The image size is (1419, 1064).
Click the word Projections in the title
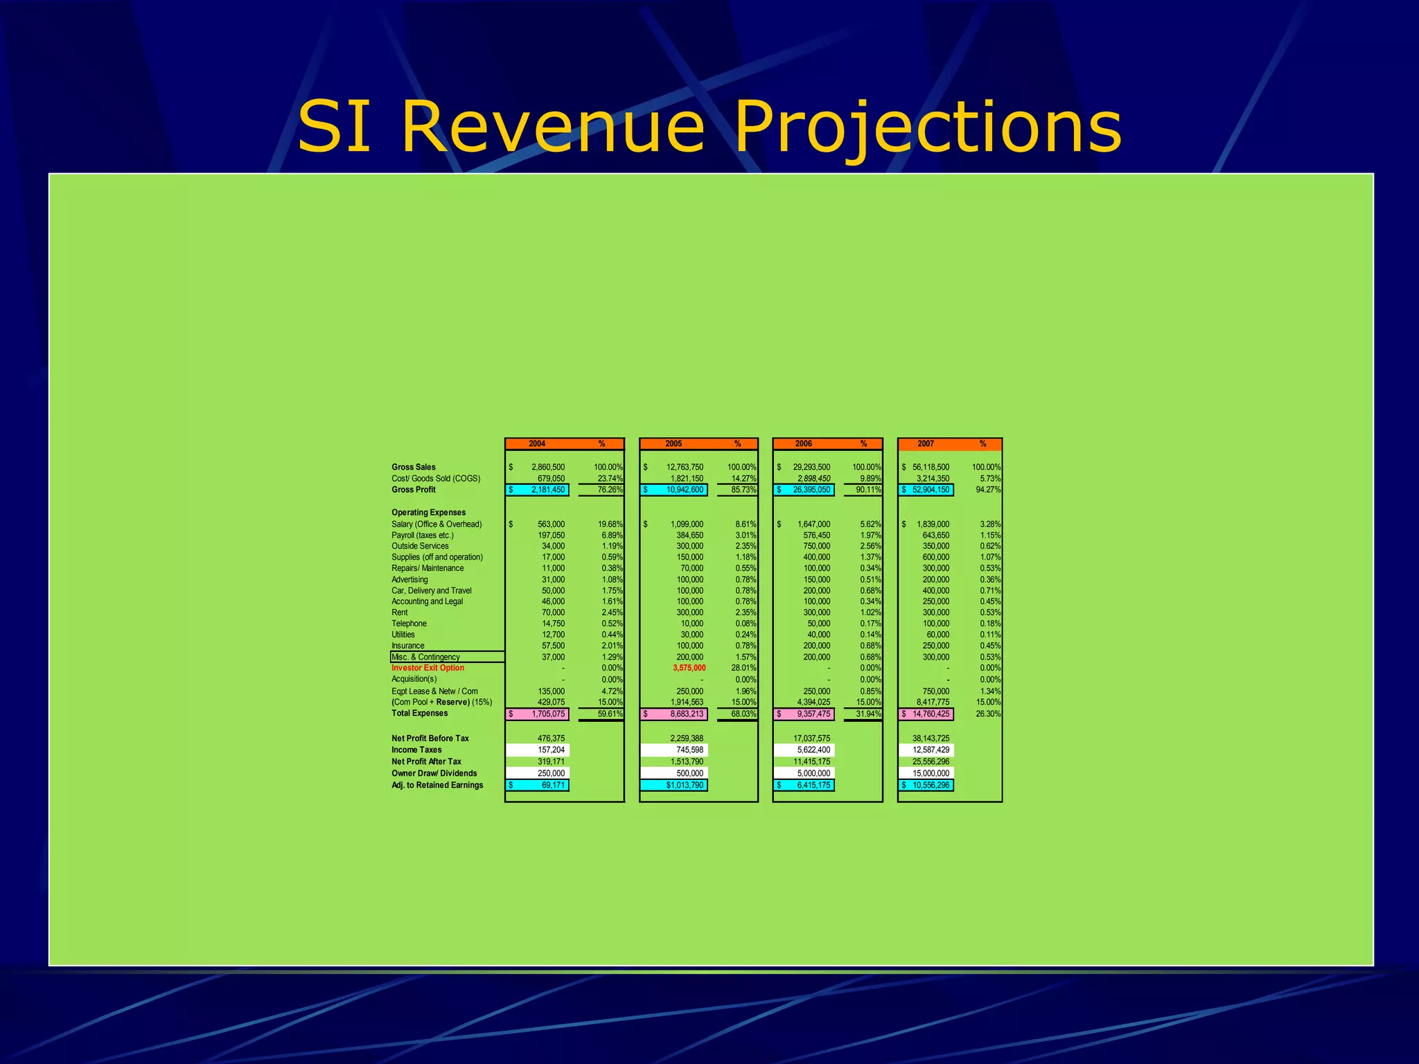927,127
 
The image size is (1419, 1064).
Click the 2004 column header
537,443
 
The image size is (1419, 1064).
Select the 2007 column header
926,443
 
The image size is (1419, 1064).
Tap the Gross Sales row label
414,467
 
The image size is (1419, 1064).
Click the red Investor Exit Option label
428,668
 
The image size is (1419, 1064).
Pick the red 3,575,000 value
689,668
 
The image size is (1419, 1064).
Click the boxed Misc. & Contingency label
426,657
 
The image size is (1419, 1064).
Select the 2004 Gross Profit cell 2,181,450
547,490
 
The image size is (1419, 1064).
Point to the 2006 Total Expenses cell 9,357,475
813,713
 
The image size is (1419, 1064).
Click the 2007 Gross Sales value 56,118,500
931,467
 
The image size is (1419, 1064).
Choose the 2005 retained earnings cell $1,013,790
684,785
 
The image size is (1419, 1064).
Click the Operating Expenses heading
428,513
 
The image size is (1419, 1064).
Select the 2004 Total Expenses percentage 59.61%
610,713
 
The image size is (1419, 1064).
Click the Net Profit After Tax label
426,761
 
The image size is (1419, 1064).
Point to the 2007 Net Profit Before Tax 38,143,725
931,738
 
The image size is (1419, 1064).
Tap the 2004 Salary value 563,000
551,524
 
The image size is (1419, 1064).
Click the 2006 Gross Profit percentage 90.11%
868,490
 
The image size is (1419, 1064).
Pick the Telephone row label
409,623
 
